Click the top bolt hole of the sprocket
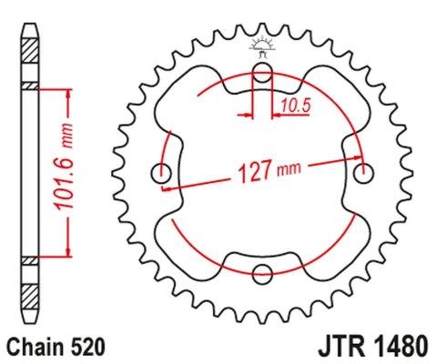coord(262,72)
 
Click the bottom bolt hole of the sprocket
coord(262,274)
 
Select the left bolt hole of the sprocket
coord(161,173)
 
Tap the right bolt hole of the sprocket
coord(363,173)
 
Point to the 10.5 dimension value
coord(296,105)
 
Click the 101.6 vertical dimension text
coord(64,167)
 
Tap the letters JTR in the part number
coord(341,347)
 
